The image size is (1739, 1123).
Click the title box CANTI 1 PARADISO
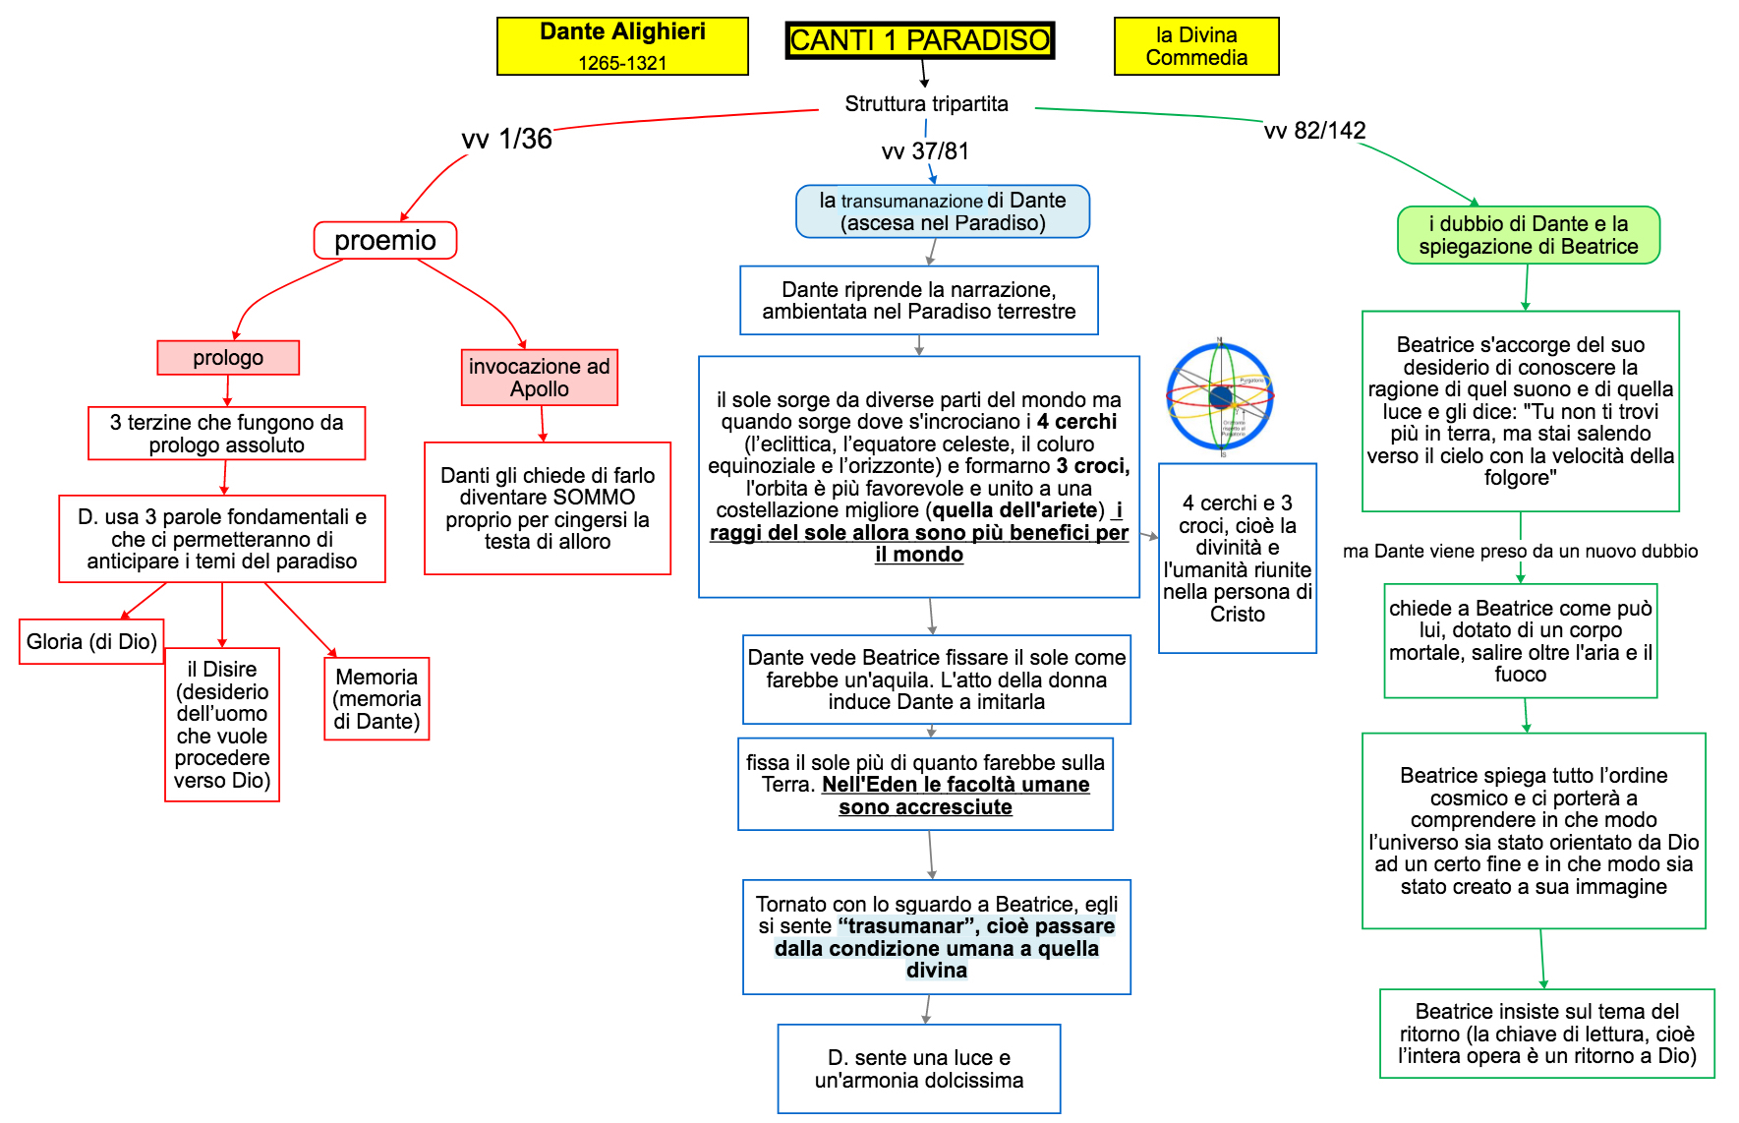pos(919,40)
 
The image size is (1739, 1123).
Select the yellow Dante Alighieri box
pos(622,46)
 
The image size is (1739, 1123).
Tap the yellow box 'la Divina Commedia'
pos(1196,46)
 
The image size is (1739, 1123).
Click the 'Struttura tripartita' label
pos(926,104)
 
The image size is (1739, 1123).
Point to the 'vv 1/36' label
pos(506,139)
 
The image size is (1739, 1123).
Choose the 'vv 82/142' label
pos(1314,131)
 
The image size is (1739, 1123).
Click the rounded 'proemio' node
pos(385,241)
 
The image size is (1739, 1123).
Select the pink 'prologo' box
pos(228,358)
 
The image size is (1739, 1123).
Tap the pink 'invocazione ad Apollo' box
pos(540,378)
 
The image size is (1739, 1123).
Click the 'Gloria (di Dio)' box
pos(91,642)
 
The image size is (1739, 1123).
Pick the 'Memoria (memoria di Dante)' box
pos(377,699)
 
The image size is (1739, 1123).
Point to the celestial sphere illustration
pos(1220,396)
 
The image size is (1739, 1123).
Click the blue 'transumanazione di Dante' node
pos(943,211)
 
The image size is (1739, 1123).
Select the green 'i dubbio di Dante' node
pos(1528,235)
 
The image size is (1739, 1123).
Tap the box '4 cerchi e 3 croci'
pos(1237,559)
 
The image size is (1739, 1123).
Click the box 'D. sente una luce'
pos(919,1069)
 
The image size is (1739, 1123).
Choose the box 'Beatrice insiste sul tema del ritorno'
pos(1546,1034)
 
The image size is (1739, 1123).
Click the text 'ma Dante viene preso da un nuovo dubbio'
pos(1520,552)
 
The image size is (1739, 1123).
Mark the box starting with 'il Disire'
pos(222,725)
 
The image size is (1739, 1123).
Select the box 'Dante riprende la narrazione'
pos(919,301)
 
